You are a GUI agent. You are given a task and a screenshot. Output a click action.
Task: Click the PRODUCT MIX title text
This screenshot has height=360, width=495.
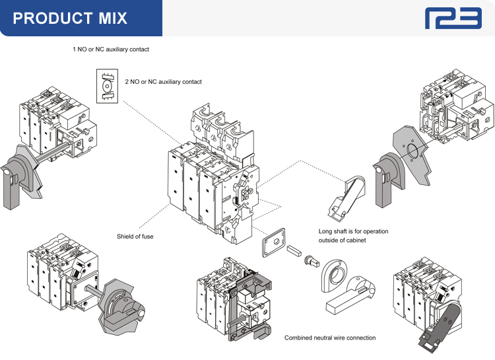[69, 18]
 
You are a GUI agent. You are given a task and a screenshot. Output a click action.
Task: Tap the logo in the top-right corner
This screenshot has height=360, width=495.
[453, 18]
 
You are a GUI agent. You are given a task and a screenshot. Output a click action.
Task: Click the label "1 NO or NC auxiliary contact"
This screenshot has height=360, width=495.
[111, 50]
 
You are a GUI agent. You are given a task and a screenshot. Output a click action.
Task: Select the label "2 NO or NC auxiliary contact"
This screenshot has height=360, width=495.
[163, 82]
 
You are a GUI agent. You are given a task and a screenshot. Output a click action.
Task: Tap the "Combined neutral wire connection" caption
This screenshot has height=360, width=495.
[330, 338]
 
